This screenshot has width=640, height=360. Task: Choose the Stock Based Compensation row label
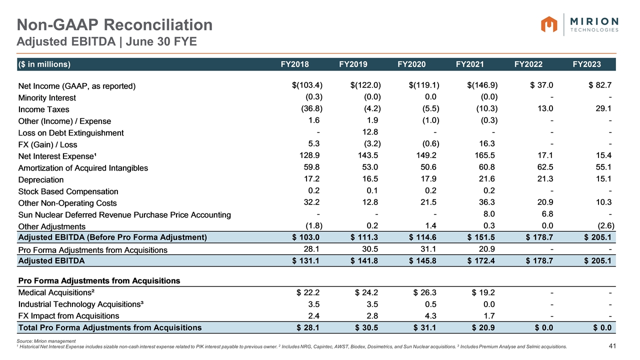point(68,191)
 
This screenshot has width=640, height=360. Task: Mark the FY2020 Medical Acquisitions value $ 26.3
point(424,292)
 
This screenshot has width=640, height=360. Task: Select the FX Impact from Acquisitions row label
point(68,315)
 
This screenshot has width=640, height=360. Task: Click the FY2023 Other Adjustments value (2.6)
point(604,226)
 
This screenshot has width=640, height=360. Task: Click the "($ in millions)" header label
point(44,64)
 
